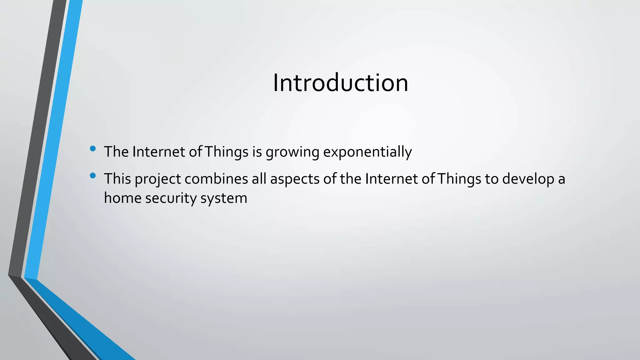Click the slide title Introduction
point(340,83)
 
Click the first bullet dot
point(92,149)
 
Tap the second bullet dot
point(92,176)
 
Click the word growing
point(292,152)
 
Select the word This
point(117,179)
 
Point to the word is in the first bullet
point(257,152)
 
